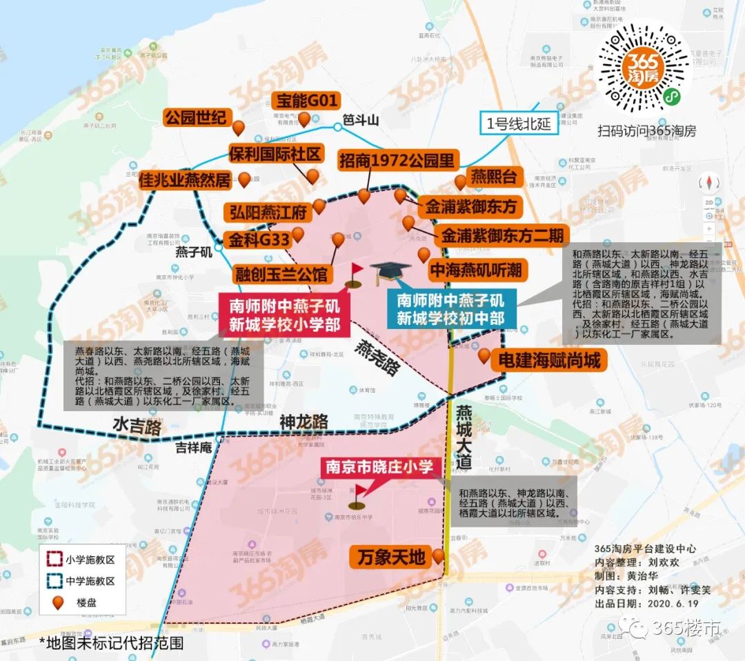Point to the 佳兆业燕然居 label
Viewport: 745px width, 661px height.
click(x=185, y=181)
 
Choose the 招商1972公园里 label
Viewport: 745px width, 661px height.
click(x=397, y=161)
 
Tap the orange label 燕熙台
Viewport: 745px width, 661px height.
click(x=493, y=177)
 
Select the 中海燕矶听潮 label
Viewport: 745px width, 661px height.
click(x=476, y=269)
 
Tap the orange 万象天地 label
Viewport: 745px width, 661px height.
click(x=392, y=557)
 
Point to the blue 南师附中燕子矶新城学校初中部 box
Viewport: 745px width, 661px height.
click(x=450, y=310)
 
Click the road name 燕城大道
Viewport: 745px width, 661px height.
click(x=464, y=435)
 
